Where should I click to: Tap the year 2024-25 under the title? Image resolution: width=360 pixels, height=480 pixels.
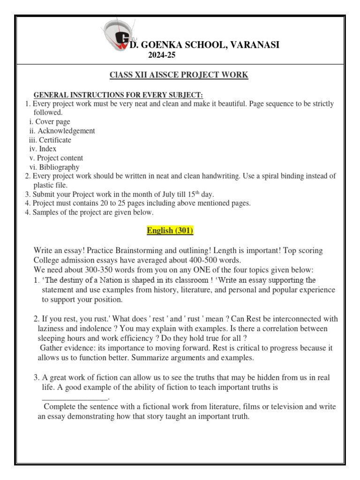162,55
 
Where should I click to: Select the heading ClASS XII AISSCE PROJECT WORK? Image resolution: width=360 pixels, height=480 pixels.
179,75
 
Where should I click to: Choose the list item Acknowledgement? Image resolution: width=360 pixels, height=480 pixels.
66,131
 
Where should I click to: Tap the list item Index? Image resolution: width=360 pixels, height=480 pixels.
47,149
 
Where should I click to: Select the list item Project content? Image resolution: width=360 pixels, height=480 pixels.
60,158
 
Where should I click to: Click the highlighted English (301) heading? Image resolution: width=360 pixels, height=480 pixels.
170,231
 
